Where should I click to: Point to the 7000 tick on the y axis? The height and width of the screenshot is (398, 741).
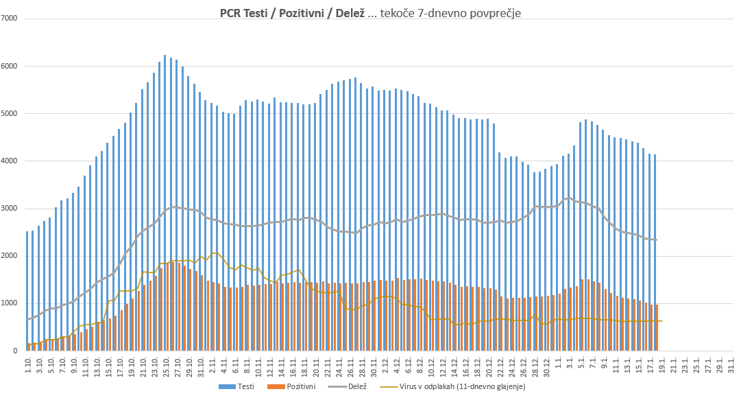12,19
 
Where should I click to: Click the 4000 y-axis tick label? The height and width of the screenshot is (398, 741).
12,161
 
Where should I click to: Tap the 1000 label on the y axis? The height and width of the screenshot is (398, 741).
12,303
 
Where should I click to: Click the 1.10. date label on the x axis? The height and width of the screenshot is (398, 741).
28,364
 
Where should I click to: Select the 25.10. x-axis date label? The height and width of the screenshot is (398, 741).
167,364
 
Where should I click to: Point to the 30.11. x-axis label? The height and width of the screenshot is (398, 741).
374,364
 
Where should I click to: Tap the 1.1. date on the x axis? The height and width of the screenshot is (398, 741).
559,364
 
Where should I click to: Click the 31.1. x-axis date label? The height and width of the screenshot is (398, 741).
731,364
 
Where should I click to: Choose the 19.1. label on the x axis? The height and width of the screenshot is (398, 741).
662,364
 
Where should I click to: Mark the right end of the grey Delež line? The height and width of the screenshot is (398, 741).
657,239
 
